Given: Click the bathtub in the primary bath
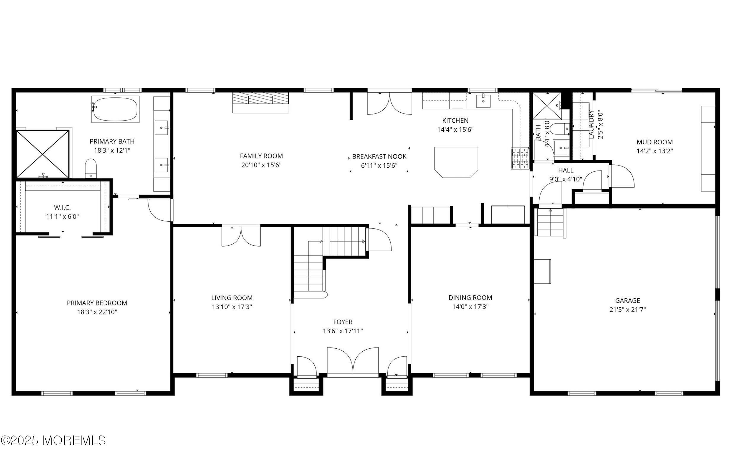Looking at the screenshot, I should pos(115,109).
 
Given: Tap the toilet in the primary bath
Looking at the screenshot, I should pos(91,168).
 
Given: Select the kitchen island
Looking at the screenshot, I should pos(456,162).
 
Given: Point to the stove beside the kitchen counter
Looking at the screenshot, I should pos(520,158).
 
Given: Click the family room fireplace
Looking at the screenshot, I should pos(260,103).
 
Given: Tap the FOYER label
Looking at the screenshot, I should pos(343,322).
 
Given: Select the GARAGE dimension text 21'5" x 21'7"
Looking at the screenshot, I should pos(627,310).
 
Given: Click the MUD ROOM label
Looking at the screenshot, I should pos(654,142).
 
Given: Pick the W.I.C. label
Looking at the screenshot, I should pos(62,208).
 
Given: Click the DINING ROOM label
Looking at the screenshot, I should pos(470,297).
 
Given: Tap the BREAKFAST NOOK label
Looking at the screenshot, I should pos(379,156).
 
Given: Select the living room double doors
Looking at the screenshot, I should pos(241,236).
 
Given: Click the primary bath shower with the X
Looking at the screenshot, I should pos(43,154).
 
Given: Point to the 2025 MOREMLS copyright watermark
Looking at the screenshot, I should pos(53,440).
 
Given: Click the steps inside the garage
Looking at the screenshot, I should pos(550,223).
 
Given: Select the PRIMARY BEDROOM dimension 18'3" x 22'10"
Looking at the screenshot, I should pos(97,312).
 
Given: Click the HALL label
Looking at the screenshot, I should pos(565,170).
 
